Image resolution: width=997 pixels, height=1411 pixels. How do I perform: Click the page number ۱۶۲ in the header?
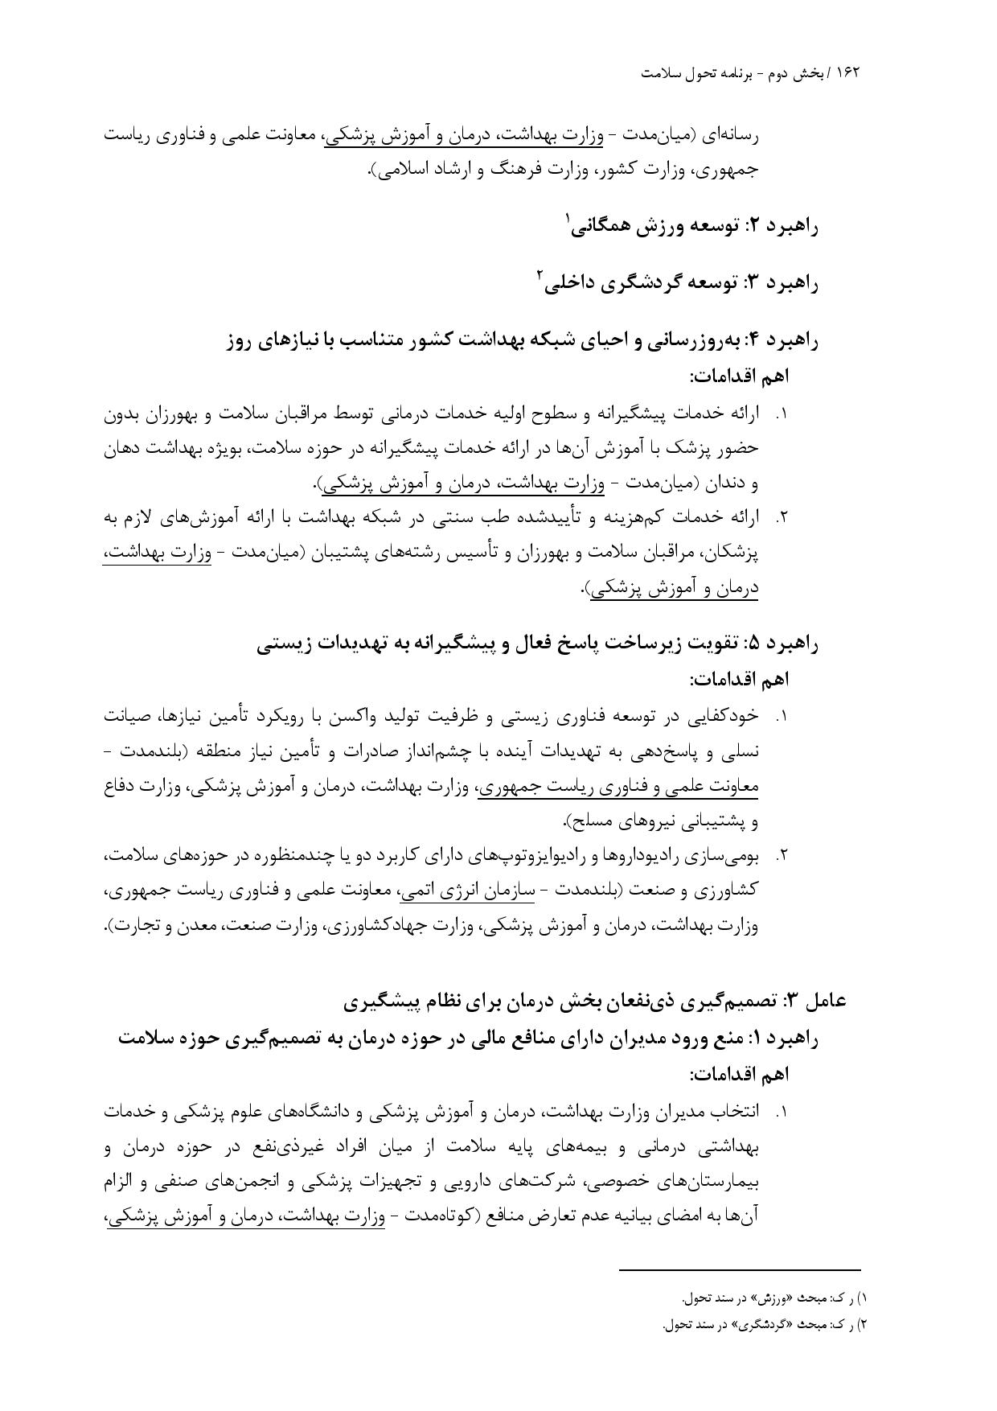coord(848,72)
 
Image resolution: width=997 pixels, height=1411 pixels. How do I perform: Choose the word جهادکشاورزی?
coord(377,926)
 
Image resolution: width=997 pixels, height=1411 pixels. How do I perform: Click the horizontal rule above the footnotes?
coord(740,1270)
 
